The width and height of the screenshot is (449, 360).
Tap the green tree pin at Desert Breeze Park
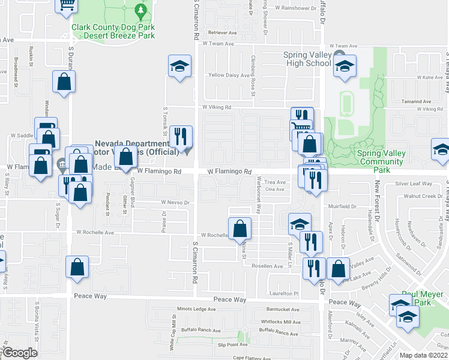(140, 10)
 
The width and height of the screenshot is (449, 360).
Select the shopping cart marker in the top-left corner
(67, 4)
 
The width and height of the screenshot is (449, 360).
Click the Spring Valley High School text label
(307, 59)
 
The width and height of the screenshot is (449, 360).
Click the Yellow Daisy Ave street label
(228, 75)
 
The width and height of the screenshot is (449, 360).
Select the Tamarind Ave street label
(418, 101)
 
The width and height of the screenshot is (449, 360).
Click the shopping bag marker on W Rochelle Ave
(240, 229)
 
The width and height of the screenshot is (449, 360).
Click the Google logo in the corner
(20, 353)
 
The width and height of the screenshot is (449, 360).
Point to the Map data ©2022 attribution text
(423, 355)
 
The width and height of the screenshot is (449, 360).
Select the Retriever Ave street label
(222, 32)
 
